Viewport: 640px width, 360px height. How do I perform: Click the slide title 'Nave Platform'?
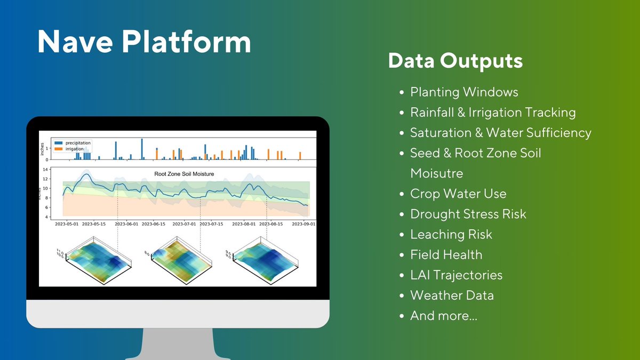144,42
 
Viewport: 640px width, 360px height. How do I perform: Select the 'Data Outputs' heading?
455,61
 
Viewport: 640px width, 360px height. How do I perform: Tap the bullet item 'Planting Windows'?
463,92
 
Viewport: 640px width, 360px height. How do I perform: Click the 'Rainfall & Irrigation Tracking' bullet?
492,113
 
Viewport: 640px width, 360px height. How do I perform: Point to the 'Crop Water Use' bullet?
458,194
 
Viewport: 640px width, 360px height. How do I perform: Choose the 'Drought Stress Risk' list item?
468,214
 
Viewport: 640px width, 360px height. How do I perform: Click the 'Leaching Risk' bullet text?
451,234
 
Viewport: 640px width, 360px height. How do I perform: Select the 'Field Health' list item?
446,255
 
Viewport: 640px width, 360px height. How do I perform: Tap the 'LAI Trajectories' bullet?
456,275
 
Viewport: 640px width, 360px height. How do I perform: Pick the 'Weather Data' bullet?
452,295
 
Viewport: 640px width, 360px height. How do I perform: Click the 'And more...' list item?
443,316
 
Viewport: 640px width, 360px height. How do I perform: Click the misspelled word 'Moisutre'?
436,173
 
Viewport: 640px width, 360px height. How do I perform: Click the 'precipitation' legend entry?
77,143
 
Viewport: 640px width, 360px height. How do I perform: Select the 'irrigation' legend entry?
75,149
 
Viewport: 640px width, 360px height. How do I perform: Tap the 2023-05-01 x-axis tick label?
67,225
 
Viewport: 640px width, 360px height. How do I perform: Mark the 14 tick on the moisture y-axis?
45,170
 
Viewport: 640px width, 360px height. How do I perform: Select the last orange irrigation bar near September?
300,156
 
